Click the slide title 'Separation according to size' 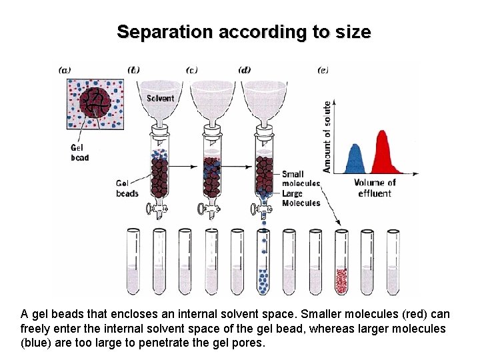(x=243, y=31)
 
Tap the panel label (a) (x=65, y=69)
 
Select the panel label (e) (x=323, y=69)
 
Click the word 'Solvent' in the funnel (x=160, y=99)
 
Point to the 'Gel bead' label (x=79, y=153)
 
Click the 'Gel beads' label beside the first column (x=127, y=188)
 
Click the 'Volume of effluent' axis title (x=375, y=188)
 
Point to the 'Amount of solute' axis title (x=327, y=137)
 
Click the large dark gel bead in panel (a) (x=98, y=102)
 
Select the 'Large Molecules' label (x=301, y=198)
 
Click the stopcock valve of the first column (x=157, y=211)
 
